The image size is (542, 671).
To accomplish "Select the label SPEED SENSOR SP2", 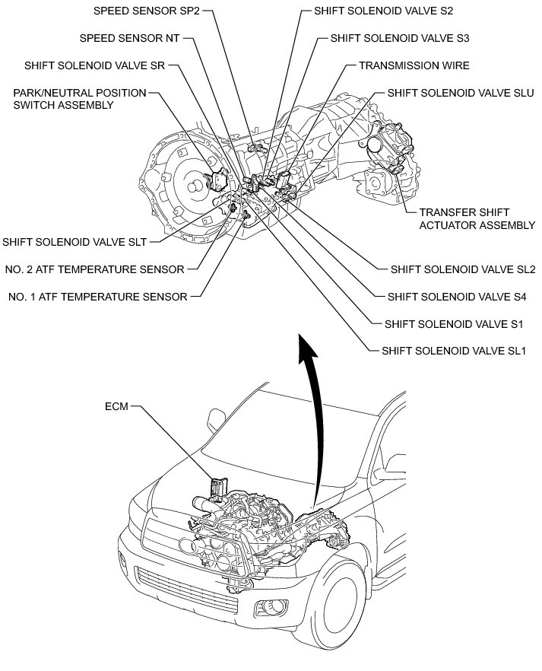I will click(146, 11).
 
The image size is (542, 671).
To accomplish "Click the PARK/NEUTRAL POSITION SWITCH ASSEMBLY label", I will click(79, 99).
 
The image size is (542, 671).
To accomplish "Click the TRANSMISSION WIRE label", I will click(414, 65).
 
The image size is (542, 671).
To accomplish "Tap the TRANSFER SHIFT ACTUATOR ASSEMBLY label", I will click(455, 218).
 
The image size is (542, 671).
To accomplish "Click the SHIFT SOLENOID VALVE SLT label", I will click(74, 242).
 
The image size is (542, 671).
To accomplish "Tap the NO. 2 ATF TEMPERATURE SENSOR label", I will click(94, 269).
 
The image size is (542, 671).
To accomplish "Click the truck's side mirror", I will click(215, 417).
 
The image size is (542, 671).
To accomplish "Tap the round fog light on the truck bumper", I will click(268, 606).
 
